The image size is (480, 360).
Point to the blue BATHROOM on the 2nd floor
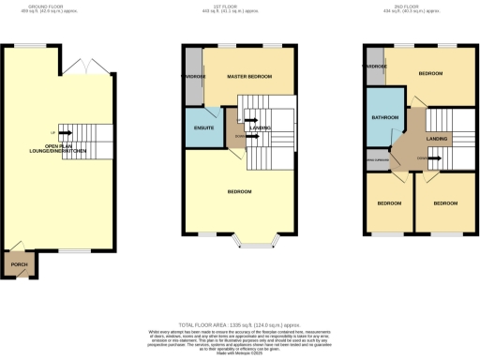click(x=385, y=117)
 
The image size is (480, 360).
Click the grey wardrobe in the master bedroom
click(x=193, y=76)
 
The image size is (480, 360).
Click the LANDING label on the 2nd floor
click(x=437, y=139)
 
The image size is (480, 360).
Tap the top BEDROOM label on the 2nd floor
click(x=430, y=73)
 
